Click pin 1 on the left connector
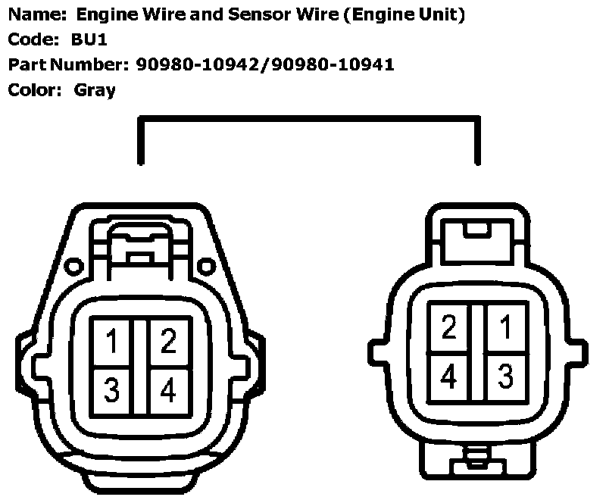(111, 342)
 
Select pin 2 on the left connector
(168, 342)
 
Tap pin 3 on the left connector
(111, 390)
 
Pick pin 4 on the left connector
(168, 390)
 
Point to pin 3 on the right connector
(505, 375)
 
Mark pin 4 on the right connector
(449, 375)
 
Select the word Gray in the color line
(95, 90)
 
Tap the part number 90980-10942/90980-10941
(265, 64)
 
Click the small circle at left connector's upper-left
(73, 266)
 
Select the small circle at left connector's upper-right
(206, 266)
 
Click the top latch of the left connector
(139, 246)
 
